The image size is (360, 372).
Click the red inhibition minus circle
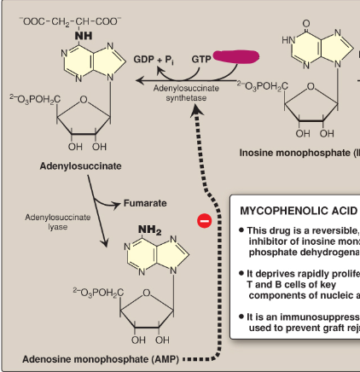pos(204,221)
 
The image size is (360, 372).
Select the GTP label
pos(201,59)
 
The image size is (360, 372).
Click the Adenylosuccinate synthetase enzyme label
pos(185,92)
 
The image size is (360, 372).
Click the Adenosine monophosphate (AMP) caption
pos(101,358)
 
